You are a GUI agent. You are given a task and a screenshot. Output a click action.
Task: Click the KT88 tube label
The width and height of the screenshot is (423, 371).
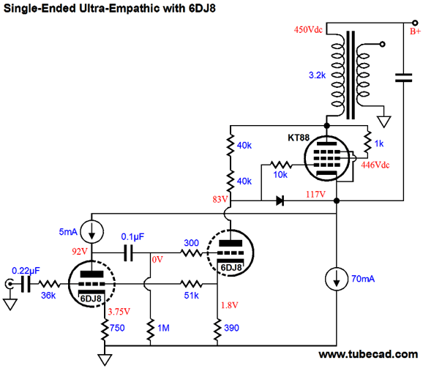point(299,138)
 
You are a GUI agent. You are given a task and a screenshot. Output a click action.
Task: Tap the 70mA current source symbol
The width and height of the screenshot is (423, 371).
point(337,279)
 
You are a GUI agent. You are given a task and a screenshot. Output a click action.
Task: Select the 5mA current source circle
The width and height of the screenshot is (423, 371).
point(91,232)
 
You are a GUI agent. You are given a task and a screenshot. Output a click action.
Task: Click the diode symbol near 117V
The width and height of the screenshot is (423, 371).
point(280,201)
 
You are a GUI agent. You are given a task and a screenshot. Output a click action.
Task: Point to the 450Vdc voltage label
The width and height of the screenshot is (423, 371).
point(308,29)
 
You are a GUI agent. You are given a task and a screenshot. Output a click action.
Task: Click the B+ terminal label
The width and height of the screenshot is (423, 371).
point(415,31)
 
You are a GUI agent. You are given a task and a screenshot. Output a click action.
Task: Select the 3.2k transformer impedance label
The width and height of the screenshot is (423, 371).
point(317,75)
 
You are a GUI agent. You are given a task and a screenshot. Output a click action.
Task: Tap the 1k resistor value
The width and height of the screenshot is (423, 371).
point(379,143)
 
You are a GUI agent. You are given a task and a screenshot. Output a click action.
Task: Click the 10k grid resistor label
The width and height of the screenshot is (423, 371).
point(280,175)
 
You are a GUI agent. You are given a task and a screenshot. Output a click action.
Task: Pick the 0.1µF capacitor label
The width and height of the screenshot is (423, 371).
point(132,236)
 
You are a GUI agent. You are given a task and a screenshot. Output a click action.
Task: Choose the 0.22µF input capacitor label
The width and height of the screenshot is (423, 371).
point(26,271)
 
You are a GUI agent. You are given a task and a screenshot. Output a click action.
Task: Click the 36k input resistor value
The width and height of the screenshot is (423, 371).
point(48,296)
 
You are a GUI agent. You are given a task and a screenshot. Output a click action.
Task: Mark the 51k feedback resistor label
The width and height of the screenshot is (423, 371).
point(191,296)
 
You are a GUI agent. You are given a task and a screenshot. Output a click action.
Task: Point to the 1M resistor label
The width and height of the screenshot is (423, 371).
point(163,328)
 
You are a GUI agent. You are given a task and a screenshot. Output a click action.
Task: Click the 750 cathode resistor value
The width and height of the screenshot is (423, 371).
point(117,328)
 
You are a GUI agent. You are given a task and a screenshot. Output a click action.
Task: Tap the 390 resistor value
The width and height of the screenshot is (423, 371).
point(231,328)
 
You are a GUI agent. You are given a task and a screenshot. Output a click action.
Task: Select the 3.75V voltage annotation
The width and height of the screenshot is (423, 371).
point(119,312)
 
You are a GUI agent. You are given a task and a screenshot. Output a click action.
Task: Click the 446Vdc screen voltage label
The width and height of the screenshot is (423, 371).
point(375,165)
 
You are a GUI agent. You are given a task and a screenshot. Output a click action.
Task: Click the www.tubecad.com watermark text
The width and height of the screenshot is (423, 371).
point(368,354)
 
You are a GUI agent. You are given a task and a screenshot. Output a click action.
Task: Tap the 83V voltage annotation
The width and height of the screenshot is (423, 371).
point(220,199)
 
